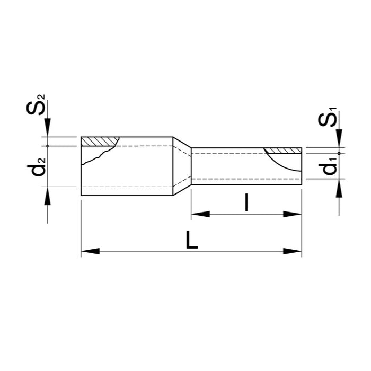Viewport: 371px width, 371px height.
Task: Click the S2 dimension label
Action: [36, 104]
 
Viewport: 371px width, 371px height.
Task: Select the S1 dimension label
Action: [327, 117]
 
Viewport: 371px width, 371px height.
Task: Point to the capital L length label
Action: [192, 240]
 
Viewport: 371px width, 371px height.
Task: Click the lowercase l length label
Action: [246, 202]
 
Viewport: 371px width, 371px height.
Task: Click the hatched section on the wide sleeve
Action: [100, 142]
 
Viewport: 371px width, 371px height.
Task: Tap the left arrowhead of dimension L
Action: [90, 251]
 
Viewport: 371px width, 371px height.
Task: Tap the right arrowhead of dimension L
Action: [293, 251]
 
